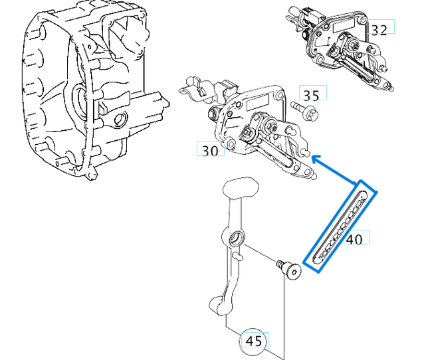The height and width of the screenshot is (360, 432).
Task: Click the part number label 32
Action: coord(379,29)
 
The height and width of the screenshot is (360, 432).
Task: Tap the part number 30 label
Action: coord(210,150)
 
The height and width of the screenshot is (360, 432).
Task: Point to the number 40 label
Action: coord(355,238)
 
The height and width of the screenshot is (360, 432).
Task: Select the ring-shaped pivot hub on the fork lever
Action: coord(236,238)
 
